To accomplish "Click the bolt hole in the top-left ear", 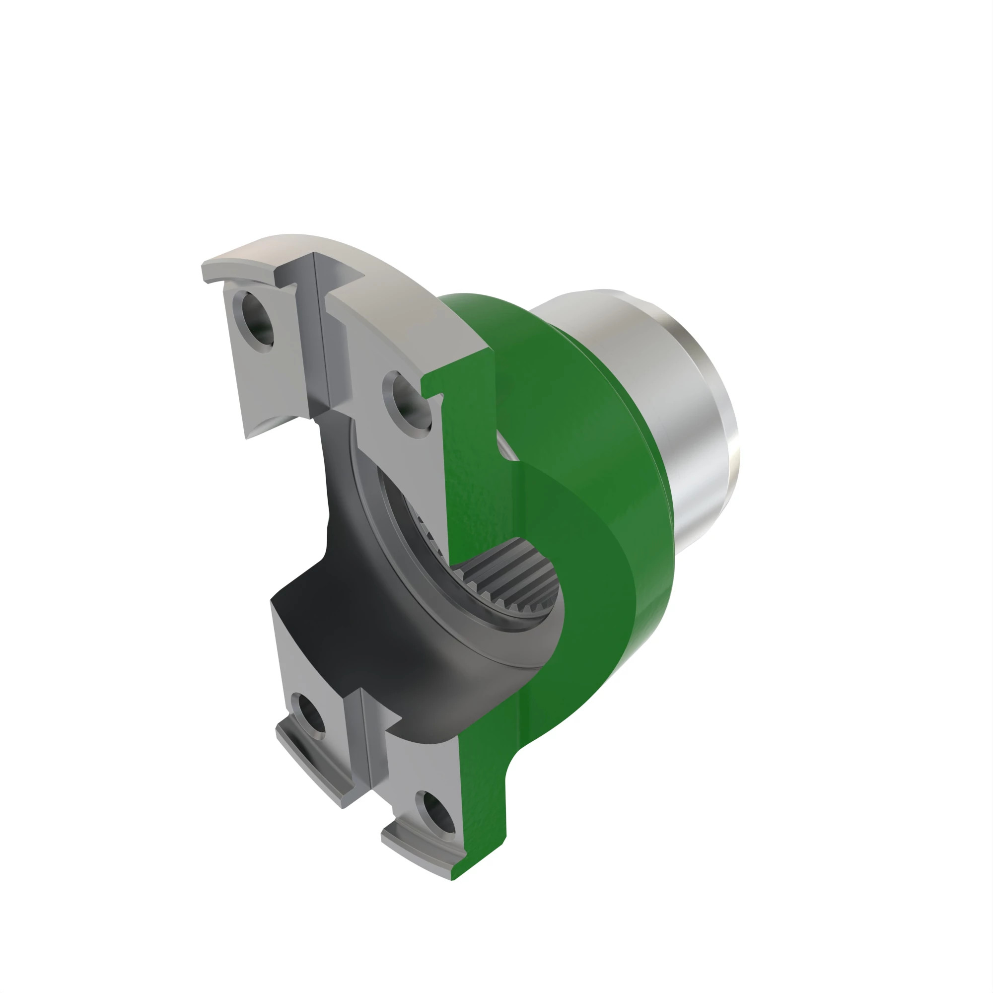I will click(255, 322).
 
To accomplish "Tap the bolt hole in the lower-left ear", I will click(307, 715).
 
